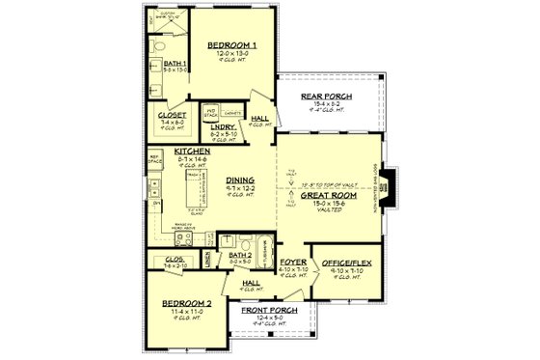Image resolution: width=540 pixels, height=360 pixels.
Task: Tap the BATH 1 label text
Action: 162,64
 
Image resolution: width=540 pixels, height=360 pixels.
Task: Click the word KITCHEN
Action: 192,152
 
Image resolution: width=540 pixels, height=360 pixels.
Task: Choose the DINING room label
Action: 240,180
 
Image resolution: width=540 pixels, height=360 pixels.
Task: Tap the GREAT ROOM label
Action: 317,194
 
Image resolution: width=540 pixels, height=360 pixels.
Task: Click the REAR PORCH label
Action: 327,96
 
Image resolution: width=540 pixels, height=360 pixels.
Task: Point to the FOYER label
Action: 293,263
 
